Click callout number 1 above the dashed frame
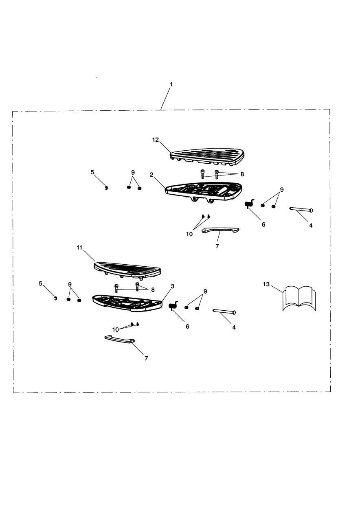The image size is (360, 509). click(x=171, y=84)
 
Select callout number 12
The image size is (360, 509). click(x=156, y=140)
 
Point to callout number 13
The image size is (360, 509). click(x=266, y=285)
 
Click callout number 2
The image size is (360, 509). click(x=151, y=174)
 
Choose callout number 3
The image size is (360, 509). click(x=173, y=286)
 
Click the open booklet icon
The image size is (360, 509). click(x=299, y=299)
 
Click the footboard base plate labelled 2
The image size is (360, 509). click(x=204, y=190)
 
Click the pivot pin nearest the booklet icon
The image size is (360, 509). click(x=224, y=312)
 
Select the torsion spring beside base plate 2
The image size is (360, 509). click(x=250, y=204)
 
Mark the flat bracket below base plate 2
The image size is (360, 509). click(x=220, y=230)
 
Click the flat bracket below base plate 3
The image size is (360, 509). click(x=120, y=340)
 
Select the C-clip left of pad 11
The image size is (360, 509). click(x=55, y=299)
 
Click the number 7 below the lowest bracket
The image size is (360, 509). click(x=146, y=358)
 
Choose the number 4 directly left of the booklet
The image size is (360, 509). click(x=234, y=327)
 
